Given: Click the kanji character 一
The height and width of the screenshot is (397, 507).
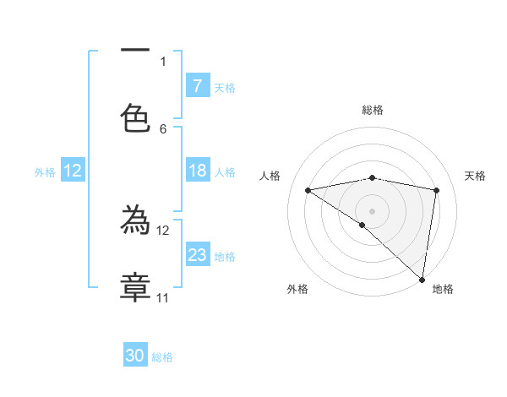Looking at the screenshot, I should [135, 52].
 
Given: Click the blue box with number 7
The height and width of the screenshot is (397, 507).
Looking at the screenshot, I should [198, 86].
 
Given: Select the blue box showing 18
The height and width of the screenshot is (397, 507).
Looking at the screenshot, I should [198, 171].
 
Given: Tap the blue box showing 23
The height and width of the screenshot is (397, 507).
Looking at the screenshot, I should [198, 255].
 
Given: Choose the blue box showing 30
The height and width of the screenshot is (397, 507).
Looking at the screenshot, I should [135, 356].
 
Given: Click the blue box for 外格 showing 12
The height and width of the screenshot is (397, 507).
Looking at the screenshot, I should [73, 171].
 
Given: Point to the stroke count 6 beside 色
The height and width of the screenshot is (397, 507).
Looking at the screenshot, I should [163, 128].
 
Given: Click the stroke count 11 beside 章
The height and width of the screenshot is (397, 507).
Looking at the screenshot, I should [162, 297].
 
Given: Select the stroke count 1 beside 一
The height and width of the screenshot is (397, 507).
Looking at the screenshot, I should [163, 61].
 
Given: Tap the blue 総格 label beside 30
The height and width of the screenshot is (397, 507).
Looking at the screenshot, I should [163, 357].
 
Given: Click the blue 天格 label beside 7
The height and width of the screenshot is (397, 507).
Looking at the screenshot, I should [225, 87].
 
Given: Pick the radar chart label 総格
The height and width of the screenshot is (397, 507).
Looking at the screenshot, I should [373, 110].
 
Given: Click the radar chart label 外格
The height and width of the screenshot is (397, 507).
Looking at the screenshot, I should [297, 289].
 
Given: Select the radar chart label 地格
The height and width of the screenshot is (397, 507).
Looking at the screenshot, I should [443, 289].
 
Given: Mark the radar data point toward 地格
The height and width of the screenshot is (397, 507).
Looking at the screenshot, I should [422, 280].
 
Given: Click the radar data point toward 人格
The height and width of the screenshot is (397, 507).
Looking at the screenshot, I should [308, 190].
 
